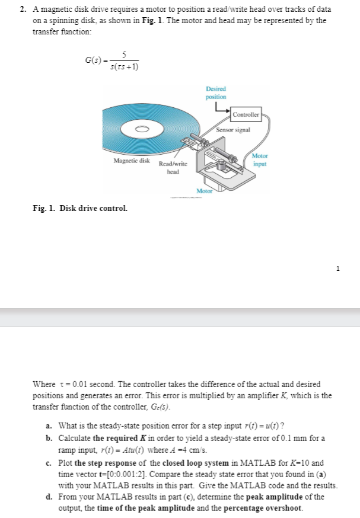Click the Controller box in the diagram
(x=246, y=114)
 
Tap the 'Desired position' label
(x=215, y=93)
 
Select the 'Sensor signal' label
(x=233, y=129)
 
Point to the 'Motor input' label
(x=260, y=159)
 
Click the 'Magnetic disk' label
(x=131, y=161)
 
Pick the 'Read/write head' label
(x=173, y=167)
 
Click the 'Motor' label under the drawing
(x=205, y=191)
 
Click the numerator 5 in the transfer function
(x=124, y=55)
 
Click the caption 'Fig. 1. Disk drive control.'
(x=79, y=209)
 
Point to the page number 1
(x=337, y=268)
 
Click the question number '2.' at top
(x=23, y=9)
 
